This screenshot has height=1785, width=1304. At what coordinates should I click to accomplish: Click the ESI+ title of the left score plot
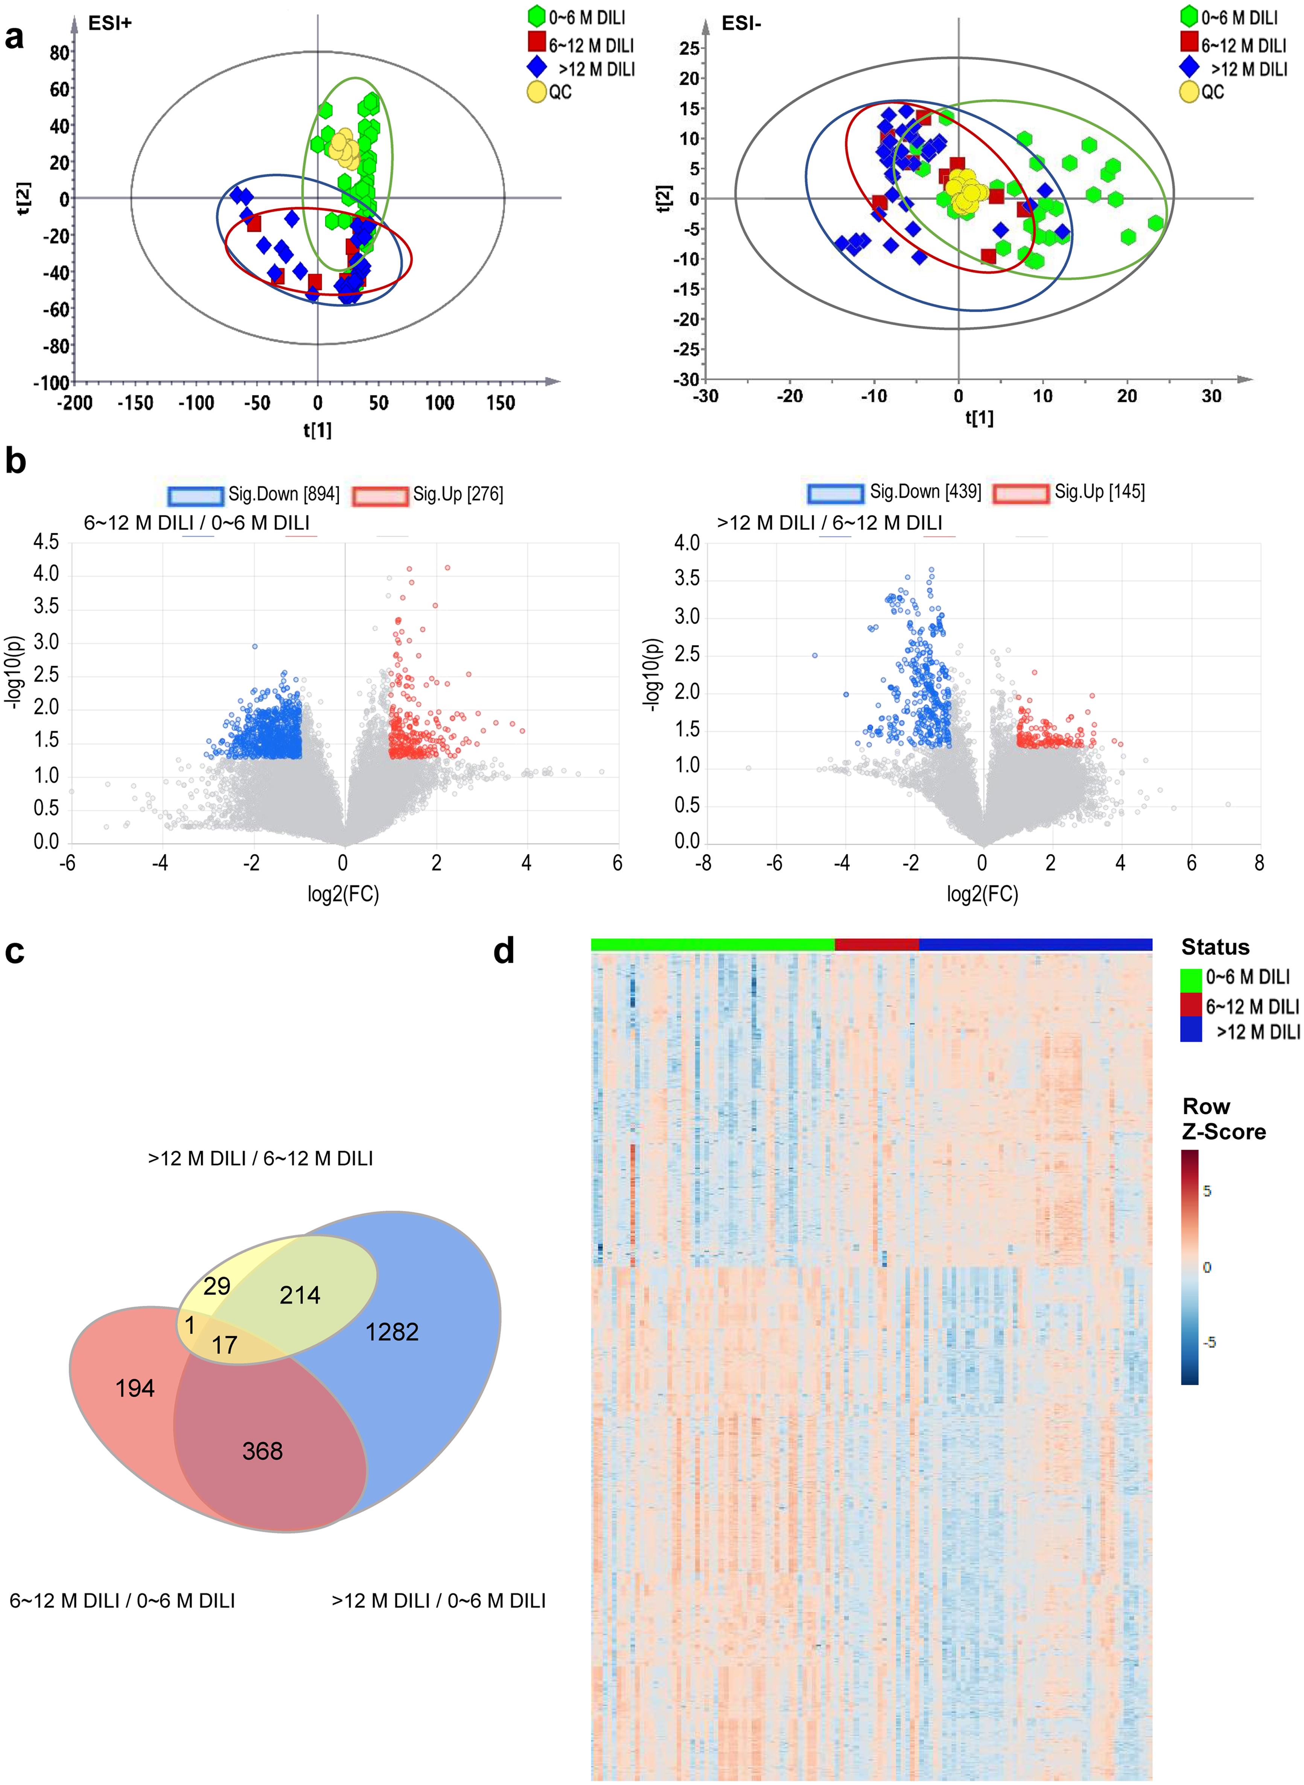[110, 24]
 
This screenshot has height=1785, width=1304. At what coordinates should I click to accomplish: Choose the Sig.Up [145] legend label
[1100, 492]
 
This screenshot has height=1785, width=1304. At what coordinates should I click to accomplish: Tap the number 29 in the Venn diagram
[217, 1286]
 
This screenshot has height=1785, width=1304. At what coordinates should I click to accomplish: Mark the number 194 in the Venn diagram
[135, 1388]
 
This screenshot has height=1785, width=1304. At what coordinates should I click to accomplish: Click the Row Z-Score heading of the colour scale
[1223, 1119]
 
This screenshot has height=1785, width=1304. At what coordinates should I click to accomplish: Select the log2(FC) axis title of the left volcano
[343, 894]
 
